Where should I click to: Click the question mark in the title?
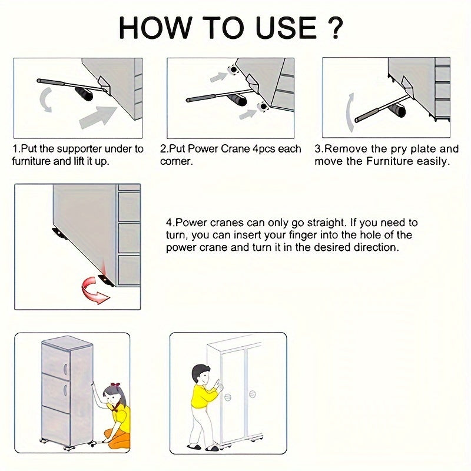(334, 28)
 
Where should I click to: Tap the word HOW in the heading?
(155, 28)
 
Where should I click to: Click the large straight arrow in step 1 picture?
(98, 117)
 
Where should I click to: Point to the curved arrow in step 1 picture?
(46, 99)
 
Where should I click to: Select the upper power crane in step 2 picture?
(233, 69)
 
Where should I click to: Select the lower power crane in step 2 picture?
(263, 107)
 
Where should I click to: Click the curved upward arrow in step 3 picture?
(350, 112)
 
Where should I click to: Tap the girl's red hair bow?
(115, 385)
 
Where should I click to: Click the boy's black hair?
(200, 372)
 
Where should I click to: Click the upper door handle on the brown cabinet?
(65, 369)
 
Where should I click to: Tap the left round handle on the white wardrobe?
(228, 397)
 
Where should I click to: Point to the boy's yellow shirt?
(203, 396)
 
